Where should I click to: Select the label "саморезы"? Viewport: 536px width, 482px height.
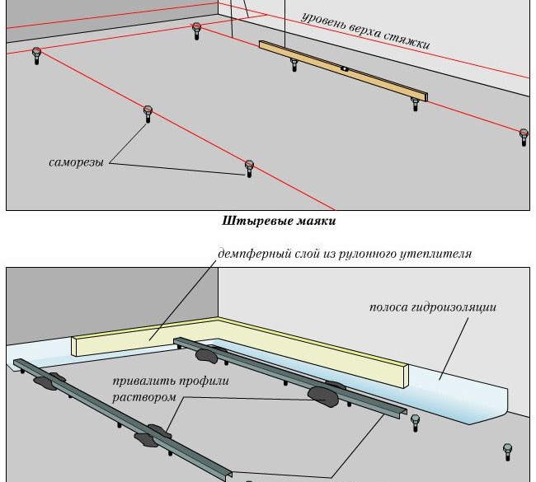[x=76, y=162]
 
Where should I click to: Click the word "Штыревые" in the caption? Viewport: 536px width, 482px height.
[x=252, y=221]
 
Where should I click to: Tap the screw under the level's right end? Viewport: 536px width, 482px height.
[x=416, y=103]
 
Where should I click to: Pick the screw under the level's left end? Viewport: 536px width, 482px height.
[x=294, y=63]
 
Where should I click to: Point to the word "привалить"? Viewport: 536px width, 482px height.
[x=145, y=381]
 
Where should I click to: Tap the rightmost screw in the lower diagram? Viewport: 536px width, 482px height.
[x=508, y=451]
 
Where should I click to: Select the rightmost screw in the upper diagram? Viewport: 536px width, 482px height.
[x=524, y=136]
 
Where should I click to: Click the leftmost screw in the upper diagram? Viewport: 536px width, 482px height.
[x=37, y=55]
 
